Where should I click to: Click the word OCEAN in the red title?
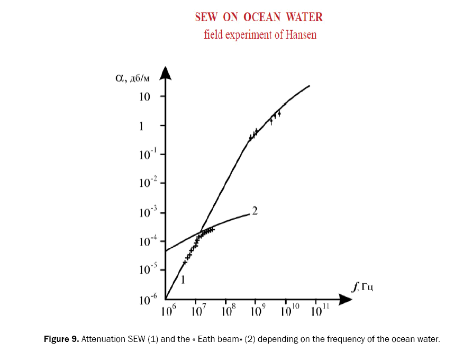click(264, 17)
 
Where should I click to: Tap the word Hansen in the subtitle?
click(301, 35)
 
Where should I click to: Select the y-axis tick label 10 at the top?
click(146, 97)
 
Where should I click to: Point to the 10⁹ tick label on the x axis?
click(257, 311)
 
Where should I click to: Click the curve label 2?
click(255, 211)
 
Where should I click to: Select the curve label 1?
click(183, 280)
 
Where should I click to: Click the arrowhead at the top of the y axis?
click(166, 72)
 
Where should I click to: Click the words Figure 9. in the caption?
click(60, 339)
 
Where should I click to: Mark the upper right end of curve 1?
click(309, 86)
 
